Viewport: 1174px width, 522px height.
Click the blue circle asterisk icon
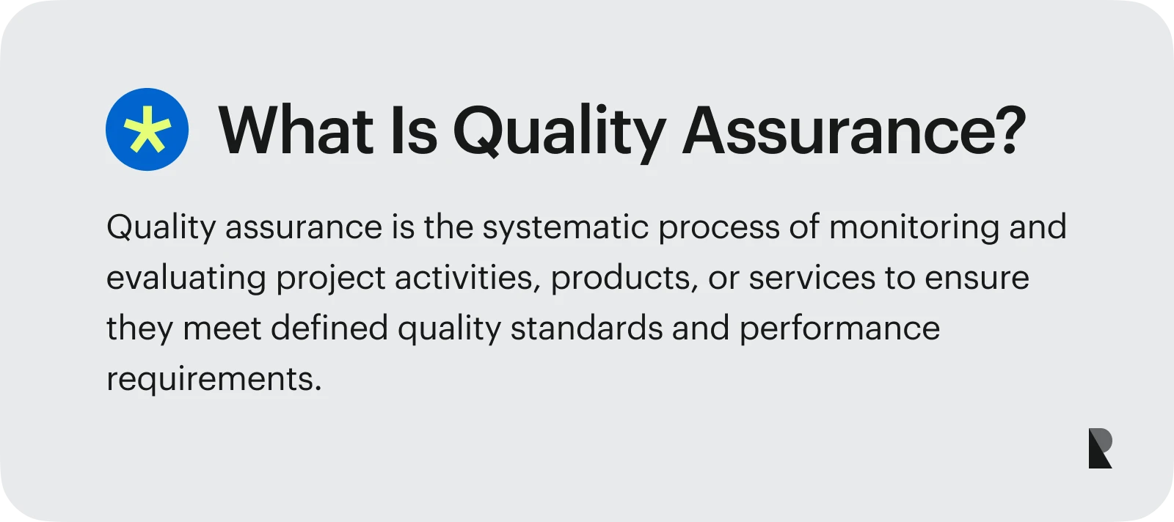click(x=147, y=129)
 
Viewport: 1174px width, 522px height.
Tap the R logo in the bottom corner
click(x=1101, y=448)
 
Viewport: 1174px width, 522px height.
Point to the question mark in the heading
click(x=1012, y=130)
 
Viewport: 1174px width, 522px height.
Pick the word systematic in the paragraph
click(x=566, y=228)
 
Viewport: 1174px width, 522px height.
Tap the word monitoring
click(x=914, y=228)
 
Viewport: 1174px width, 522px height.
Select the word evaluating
click(x=186, y=279)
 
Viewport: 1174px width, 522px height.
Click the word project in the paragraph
click(x=331, y=279)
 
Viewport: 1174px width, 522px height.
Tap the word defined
click(x=329, y=328)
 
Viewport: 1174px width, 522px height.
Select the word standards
click(x=586, y=328)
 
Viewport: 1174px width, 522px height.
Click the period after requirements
click(x=318, y=389)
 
